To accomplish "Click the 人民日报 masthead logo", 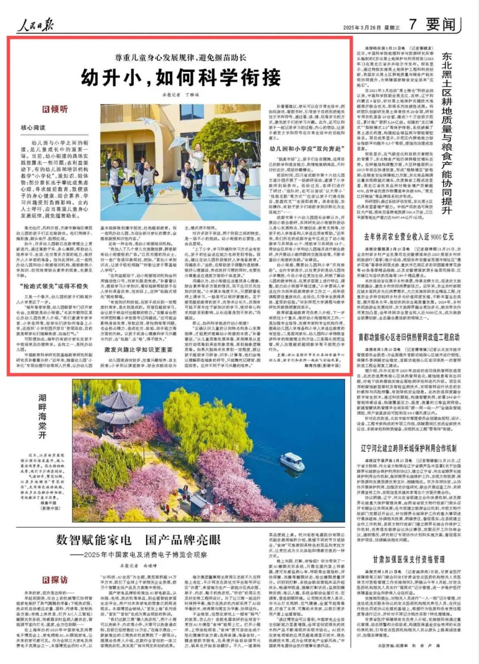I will pos(35,25).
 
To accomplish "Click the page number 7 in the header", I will pos(412,24).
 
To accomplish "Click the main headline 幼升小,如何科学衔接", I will pos(181,78).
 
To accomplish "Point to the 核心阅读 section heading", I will pos(33,127).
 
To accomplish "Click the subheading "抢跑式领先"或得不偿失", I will pos(54,286).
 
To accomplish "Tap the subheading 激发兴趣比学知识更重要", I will pos(138,350).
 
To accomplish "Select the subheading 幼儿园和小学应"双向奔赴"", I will pos(306,149).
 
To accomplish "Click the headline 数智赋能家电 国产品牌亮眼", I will pos(138,540).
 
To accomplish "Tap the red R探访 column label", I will pos(55,580).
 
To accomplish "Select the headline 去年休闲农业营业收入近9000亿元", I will pos(408,237).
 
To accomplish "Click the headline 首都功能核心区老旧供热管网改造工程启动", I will pos(408,337).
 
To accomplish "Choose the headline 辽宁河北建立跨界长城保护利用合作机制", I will pos(408,448).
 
